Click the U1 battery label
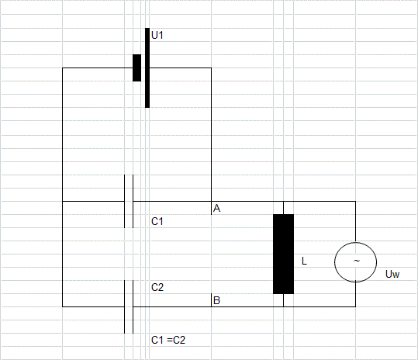(157, 35)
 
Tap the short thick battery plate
(137, 67)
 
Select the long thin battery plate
(147, 67)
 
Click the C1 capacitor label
(157, 221)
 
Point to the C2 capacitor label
(157, 287)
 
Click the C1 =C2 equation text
(168, 340)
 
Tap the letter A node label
(216, 208)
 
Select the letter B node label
(216, 300)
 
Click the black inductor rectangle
(283, 254)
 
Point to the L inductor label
(304, 261)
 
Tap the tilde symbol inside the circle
(357, 261)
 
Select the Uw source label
(392, 274)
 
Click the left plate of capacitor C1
(125, 201)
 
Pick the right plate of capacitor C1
(133, 201)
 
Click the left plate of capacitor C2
(125, 306)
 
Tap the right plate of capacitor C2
(133, 306)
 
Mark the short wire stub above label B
(211, 300)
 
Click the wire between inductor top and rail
(283, 208)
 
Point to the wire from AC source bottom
(355, 294)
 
